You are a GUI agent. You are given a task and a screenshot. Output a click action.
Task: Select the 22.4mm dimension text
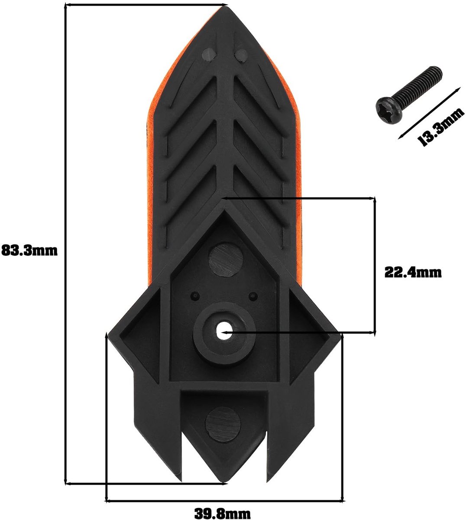coord(413,272)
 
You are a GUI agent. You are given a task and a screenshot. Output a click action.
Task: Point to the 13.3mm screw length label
coord(440,127)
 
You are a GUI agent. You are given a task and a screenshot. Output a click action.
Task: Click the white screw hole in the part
coord(224,331)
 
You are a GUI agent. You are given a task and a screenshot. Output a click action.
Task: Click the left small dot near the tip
coord(208,55)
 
